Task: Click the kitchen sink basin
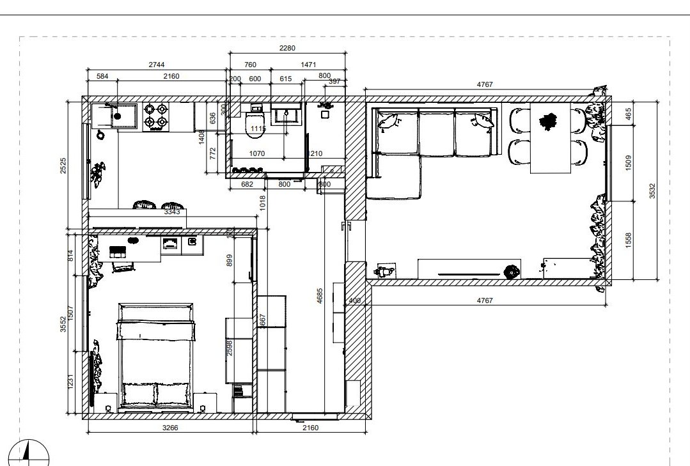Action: (x=116, y=116)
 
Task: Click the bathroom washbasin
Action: (x=286, y=115)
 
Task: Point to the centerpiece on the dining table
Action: (x=548, y=121)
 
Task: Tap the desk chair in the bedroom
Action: (x=122, y=265)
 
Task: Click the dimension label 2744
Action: (x=158, y=65)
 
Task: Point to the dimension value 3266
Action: (x=168, y=428)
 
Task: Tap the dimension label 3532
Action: (x=652, y=190)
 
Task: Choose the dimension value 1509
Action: (x=628, y=162)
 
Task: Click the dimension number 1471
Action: (x=308, y=65)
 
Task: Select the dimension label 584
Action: (x=102, y=76)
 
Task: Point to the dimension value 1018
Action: (x=262, y=203)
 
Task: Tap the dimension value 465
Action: (x=628, y=114)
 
